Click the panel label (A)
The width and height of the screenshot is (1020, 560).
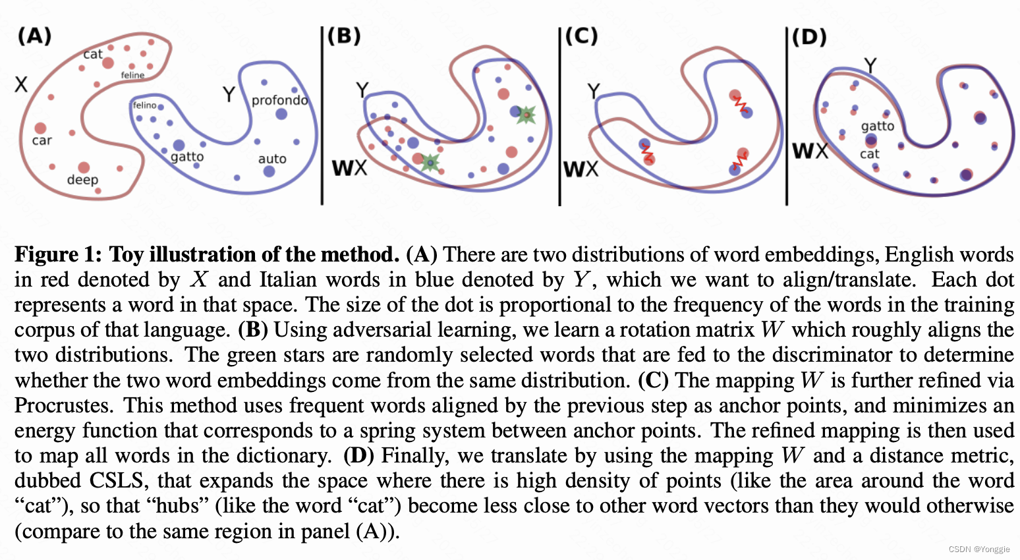pos(34,36)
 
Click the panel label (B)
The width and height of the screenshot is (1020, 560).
pos(344,36)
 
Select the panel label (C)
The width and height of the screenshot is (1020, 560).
pos(581,36)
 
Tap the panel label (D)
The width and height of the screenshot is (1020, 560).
pos(809,37)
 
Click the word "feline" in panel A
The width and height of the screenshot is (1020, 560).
pos(132,75)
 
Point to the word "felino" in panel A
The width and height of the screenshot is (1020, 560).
pos(144,105)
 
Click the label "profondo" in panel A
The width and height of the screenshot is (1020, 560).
pos(279,100)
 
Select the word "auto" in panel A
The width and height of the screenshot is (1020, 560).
pos(272,159)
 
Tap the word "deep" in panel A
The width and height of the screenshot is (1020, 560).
pos(82,180)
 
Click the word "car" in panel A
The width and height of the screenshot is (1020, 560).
pos(42,140)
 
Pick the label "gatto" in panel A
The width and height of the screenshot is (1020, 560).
pos(187,157)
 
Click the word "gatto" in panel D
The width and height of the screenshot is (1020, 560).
pos(878,126)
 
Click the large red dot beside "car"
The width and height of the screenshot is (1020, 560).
pos(41,128)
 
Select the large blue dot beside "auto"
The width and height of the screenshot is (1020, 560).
pos(269,171)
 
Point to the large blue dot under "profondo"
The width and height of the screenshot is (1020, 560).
pos(281,114)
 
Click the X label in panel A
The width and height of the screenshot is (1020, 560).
pos(21,84)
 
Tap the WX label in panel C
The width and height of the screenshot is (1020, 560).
pos(581,169)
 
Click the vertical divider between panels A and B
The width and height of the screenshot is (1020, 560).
pos(322,115)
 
